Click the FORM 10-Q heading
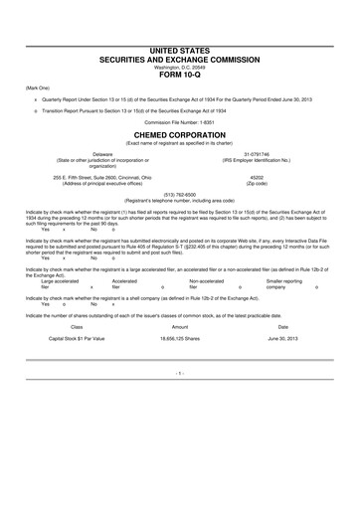(180, 74)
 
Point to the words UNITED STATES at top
(180, 49)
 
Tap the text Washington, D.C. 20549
(180, 66)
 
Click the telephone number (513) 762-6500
(180, 194)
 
